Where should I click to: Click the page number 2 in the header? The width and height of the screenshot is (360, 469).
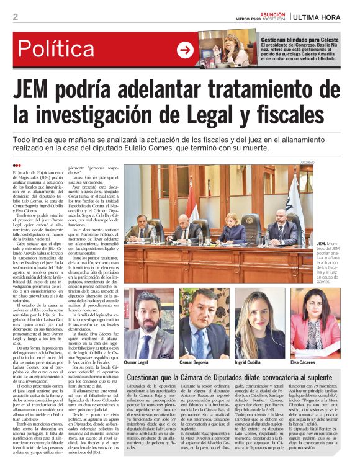click(x=15, y=17)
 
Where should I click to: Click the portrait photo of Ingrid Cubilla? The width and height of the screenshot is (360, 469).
click(x=257, y=323)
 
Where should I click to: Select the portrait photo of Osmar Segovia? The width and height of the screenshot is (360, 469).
click(x=204, y=323)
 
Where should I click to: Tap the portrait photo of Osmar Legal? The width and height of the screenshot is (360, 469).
click(x=149, y=323)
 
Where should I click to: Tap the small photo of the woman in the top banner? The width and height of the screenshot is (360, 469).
click(x=227, y=50)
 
